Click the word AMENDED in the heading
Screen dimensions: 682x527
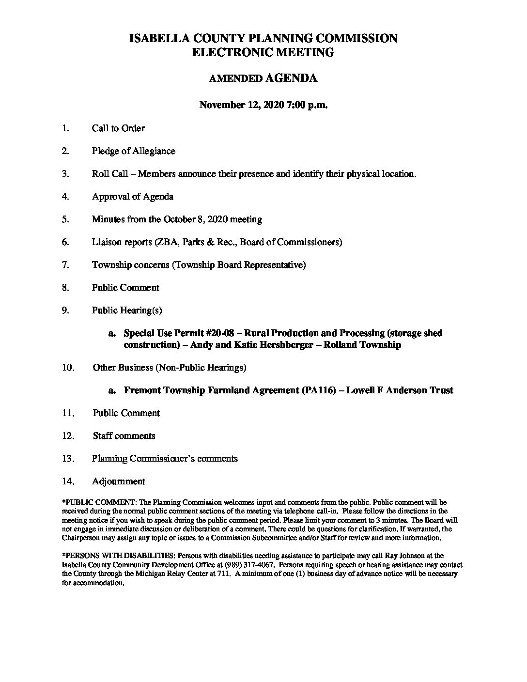235,78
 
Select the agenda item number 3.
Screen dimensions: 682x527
66,174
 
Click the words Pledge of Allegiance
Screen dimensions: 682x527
133,151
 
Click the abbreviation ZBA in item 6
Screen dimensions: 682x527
165,242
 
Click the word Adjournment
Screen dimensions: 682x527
118,481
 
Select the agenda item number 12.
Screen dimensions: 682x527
68,436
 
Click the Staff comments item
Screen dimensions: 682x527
124,436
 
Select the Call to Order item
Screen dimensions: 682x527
118,128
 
